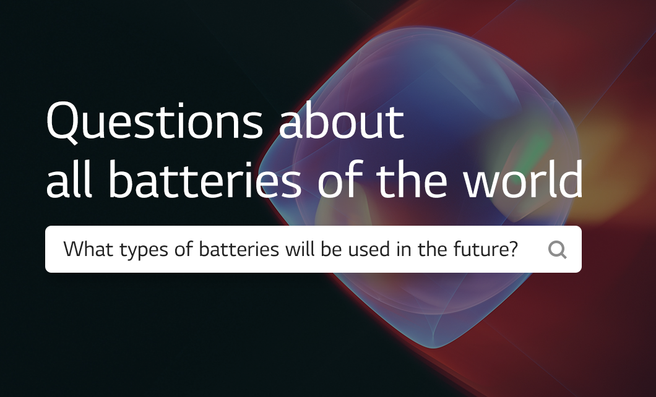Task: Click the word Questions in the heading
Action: point(154,121)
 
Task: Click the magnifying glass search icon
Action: point(558,250)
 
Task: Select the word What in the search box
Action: point(88,249)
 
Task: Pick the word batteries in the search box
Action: point(239,249)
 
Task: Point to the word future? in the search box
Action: point(486,249)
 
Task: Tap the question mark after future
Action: point(513,249)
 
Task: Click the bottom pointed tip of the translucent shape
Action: point(434,348)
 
